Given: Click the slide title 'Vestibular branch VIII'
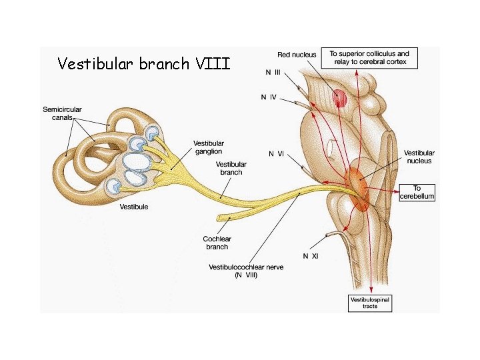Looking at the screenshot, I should click(x=143, y=64).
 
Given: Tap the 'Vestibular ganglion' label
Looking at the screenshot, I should click(x=209, y=147).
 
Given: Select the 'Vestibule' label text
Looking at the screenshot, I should click(x=134, y=207).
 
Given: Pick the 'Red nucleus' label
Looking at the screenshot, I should click(x=297, y=55).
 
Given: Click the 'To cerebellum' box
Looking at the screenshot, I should click(x=417, y=192).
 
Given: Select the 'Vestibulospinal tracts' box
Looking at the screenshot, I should click(x=370, y=303).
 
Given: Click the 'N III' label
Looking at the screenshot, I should click(x=273, y=71).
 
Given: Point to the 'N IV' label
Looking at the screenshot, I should click(x=268, y=97).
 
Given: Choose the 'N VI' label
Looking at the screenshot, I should click(x=276, y=154).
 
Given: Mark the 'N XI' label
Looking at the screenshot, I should click(x=311, y=255).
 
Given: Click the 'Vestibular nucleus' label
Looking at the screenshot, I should click(x=419, y=157).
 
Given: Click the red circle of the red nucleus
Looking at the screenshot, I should click(x=341, y=98).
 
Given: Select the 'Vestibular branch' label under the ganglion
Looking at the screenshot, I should click(x=231, y=168).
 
